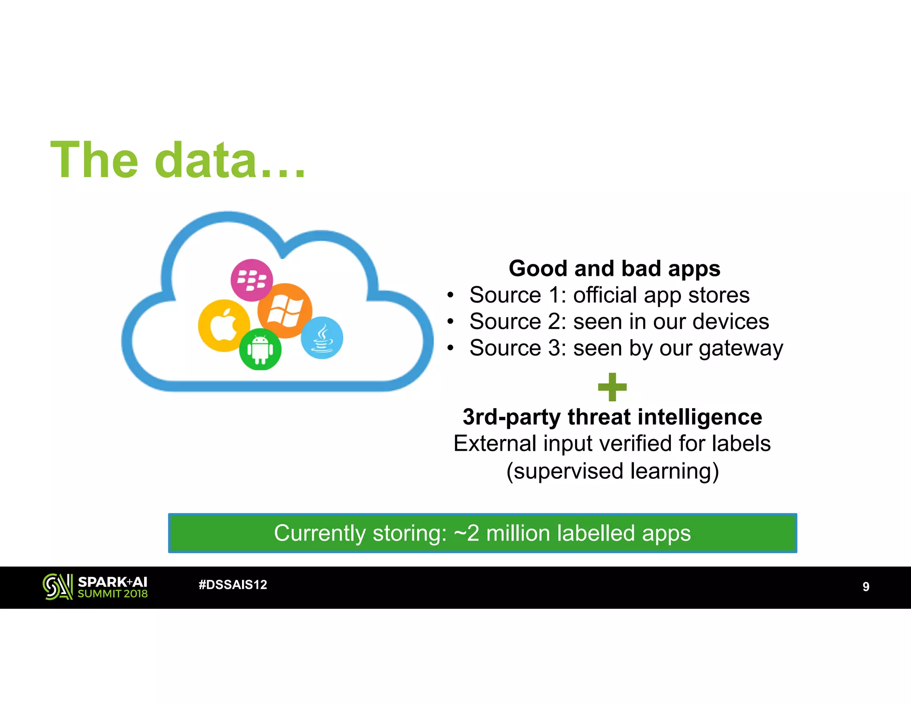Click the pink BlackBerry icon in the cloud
[x=252, y=280]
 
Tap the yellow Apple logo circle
[x=223, y=325]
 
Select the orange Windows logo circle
[x=285, y=311]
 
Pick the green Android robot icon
[x=260, y=350]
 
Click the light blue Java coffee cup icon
[x=322, y=338]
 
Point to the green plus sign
[x=612, y=387]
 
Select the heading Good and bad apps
[x=614, y=269]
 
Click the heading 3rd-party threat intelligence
[x=612, y=417]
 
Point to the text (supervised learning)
[x=612, y=471]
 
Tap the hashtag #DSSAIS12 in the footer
[x=233, y=585]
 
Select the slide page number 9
[x=866, y=587]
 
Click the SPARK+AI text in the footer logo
[x=112, y=582]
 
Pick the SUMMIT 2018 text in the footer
[x=113, y=594]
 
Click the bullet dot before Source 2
[x=451, y=321]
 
